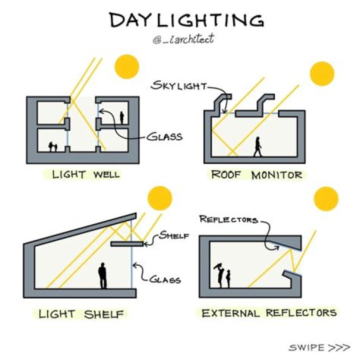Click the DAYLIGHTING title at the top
click(x=186, y=20)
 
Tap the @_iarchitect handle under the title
click(x=183, y=39)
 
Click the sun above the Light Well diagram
click(x=127, y=66)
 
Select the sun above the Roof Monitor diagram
click(x=322, y=73)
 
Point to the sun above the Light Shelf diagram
click(x=160, y=198)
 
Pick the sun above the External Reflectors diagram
click(x=326, y=198)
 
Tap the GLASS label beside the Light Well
click(x=164, y=137)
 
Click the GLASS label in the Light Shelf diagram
click(x=165, y=279)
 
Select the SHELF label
click(x=174, y=235)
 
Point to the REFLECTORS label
click(x=228, y=219)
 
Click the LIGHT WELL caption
click(x=86, y=174)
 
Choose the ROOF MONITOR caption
click(x=256, y=175)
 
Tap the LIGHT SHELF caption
click(x=81, y=314)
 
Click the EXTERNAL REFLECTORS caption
click(x=269, y=313)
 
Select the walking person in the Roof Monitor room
click(x=258, y=146)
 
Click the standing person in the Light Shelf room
click(x=102, y=275)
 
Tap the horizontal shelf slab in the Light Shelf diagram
click(x=127, y=244)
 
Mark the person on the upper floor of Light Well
click(x=121, y=117)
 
